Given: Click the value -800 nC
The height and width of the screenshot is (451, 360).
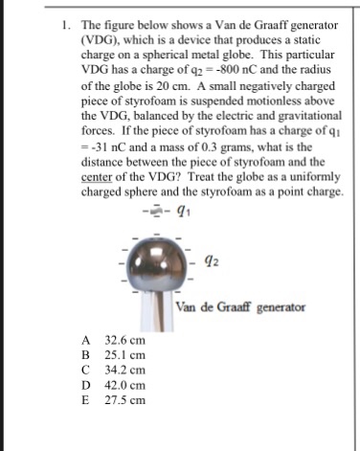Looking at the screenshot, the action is click(x=234, y=66).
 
